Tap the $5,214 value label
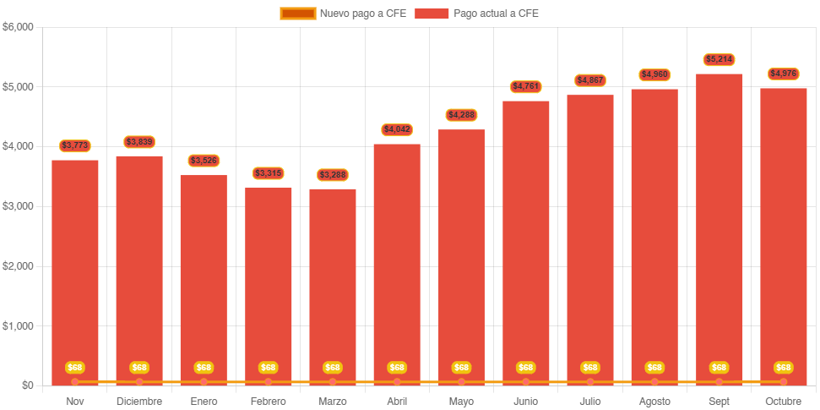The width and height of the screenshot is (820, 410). coord(719,60)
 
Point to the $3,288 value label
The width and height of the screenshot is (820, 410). coord(333,175)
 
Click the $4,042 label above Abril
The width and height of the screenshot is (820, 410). coord(397,130)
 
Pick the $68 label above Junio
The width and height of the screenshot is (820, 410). coord(525,368)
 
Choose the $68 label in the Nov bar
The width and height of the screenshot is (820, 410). coord(75,368)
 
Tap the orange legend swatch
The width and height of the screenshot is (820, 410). coord(297,14)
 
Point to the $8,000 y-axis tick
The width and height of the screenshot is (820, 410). coord(18,27)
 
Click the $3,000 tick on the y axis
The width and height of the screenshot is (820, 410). coord(18,206)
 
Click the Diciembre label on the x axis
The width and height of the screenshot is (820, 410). coord(139,402)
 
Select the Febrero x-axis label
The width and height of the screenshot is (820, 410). coord(268,402)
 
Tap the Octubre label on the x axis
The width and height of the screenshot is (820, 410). coord(783,402)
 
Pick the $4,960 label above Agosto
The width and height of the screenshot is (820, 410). coord(654,75)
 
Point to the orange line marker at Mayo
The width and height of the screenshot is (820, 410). coord(461,382)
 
